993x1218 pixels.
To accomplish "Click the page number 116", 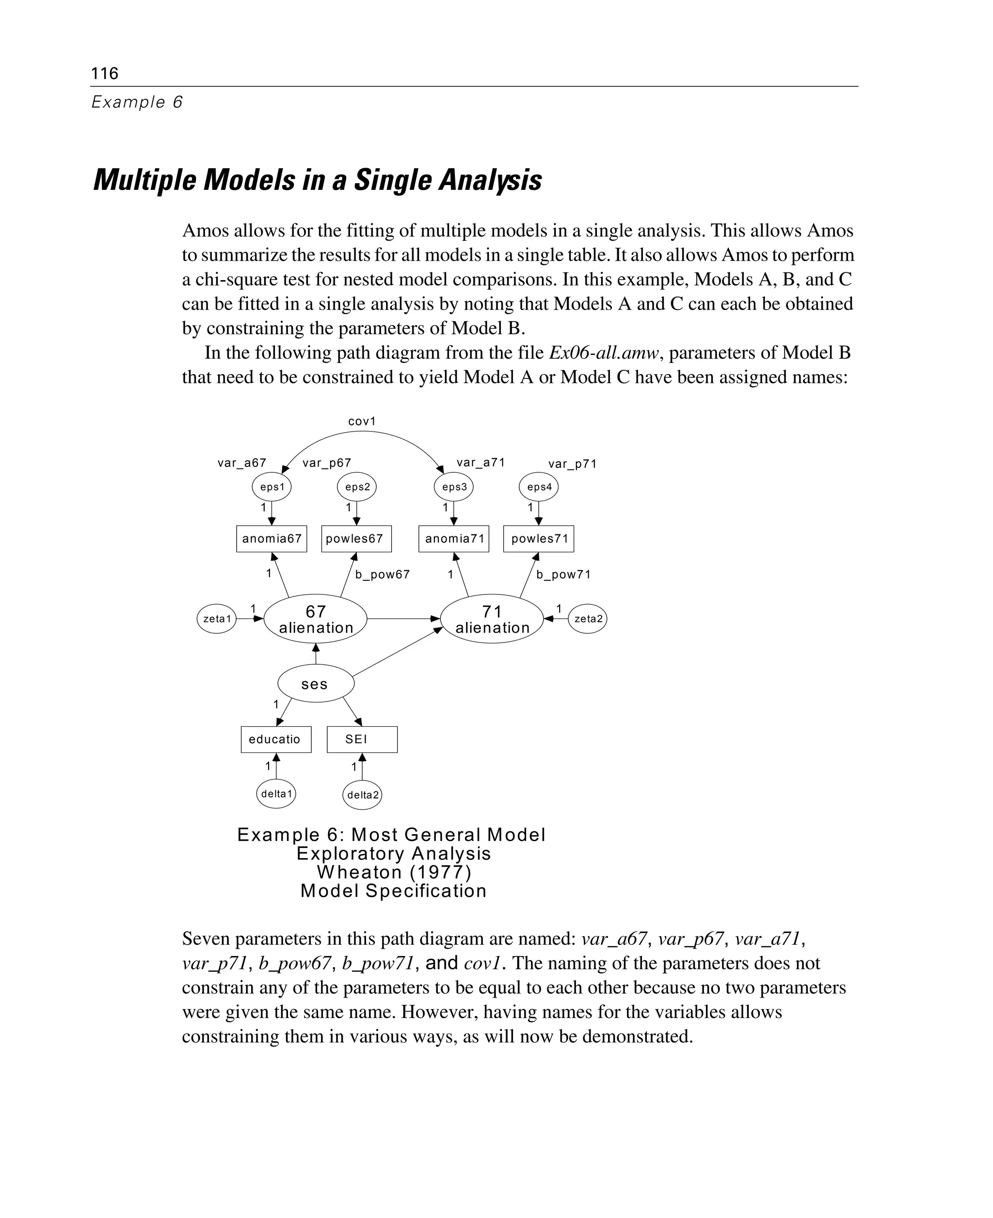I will [x=105, y=73].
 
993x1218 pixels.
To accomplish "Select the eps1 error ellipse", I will [x=272, y=487].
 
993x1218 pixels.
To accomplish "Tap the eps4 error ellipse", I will [x=539, y=487].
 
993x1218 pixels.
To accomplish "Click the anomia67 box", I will [x=272, y=538].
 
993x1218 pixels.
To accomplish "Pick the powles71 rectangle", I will [x=539, y=538].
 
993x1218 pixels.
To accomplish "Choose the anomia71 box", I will [x=454, y=538].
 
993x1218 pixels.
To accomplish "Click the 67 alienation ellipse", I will [x=315, y=619].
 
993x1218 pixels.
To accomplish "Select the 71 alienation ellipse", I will [x=492, y=619].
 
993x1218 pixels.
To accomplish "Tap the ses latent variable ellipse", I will [x=316, y=684].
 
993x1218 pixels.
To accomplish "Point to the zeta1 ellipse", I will [x=217, y=619].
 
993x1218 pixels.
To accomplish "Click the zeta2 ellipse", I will [x=588, y=619].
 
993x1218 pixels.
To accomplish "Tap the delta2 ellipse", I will [x=362, y=795].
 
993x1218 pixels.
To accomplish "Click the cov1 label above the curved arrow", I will [x=362, y=421].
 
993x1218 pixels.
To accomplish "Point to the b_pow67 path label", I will [x=382, y=575].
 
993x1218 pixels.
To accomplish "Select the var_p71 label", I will [x=572, y=464].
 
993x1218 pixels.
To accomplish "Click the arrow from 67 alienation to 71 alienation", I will [x=403, y=618].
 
